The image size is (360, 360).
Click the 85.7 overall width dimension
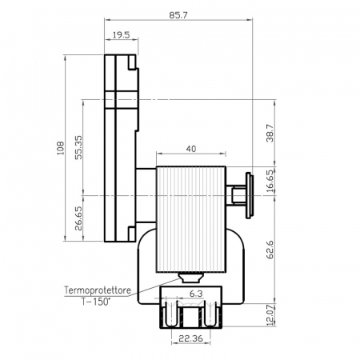coord(178,15)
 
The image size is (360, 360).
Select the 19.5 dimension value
coord(121,35)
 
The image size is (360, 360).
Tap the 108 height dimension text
coord(61,148)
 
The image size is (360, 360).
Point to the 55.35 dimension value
coord(78,147)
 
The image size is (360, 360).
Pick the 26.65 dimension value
coord(78,218)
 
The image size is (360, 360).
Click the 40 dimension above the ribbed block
coord(191,149)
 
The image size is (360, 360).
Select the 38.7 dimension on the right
coord(270,133)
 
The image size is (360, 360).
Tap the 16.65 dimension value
coord(270,181)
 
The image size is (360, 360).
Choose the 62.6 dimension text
coord(270,250)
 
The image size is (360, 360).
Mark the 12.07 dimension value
coord(270,315)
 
